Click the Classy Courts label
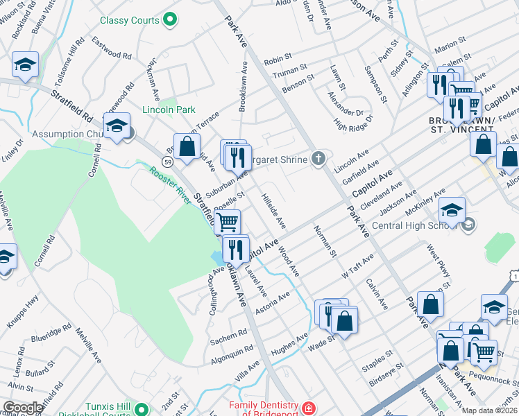pyautogui.click(x=130, y=21)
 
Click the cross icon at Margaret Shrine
pyautogui.click(x=318, y=159)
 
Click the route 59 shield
pyautogui.click(x=167, y=162)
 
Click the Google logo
pyautogui.click(x=23, y=408)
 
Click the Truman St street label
pyautogui.click(x=290, y=71)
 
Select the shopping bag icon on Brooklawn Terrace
pyautogui.click(x=187, y=146)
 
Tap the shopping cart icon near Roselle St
pyautogui.click(x=228, y=223)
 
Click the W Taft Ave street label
pyautogui.click(x=357, y=266)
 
